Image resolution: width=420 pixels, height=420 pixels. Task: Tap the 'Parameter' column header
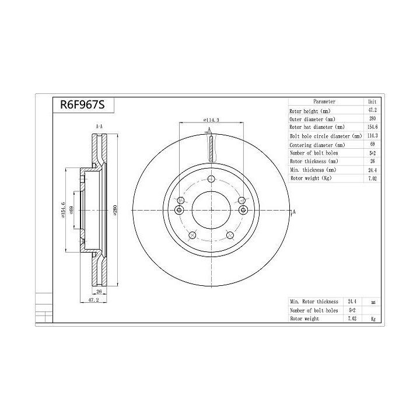(x=324, y=101)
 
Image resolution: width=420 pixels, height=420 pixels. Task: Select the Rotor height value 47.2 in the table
(x=372, y=110)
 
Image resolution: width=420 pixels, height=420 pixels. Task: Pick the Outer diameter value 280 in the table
(x=372, y=118)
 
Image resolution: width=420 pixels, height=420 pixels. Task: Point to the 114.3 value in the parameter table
(x=372, y=136)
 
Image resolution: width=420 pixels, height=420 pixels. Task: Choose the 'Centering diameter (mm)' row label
(x=317, y=144)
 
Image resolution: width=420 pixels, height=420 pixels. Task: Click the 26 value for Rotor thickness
(x=372, y=161)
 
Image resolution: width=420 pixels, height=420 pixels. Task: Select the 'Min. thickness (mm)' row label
(x=313, y=170)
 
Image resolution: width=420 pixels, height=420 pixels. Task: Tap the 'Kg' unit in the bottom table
(x=372, y=319)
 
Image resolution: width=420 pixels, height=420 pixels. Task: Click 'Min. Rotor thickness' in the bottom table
(x=314, y=302)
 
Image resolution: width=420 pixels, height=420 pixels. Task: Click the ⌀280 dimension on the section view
(x=116, y=211)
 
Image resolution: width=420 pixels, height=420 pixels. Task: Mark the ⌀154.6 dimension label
(x=62, y=211)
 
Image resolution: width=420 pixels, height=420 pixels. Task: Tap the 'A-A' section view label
(x=99, y=127)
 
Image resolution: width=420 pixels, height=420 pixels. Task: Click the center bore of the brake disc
(x=211, y=211)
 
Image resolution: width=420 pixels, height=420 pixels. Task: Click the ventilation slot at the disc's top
(x=211, y=147)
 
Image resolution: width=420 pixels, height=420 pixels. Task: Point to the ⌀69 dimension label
(x=71, y=211)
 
